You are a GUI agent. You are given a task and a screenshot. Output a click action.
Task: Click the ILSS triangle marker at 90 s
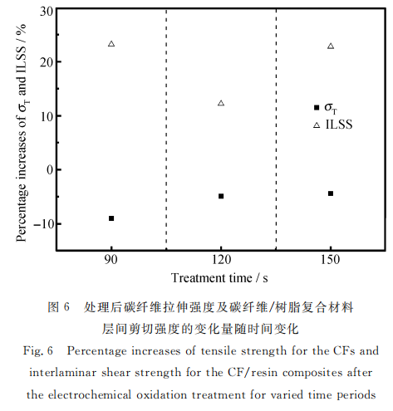111,44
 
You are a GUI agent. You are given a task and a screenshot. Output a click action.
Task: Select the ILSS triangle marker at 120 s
221,103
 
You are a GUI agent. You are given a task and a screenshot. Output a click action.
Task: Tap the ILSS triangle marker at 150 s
331,46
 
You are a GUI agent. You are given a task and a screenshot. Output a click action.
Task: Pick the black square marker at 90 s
111,218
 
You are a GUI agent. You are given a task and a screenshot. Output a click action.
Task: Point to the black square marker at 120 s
221,196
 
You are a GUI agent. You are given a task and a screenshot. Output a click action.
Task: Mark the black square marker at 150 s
331,193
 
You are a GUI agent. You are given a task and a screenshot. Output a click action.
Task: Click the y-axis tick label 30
47,12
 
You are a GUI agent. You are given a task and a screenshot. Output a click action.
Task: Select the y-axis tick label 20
47,62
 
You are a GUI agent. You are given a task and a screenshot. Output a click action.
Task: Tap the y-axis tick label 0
50,169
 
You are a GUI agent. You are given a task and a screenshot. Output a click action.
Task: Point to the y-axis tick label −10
43,223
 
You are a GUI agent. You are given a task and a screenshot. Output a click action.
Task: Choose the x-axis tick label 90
111,260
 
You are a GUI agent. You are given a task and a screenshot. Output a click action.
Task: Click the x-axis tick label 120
221,260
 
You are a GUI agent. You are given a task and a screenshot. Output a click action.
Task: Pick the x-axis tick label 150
331,260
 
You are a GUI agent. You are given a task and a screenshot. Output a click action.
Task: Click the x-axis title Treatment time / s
219,278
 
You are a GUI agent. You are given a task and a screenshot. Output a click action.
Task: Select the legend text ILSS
339,125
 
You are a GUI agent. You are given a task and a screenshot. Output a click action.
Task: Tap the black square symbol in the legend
317,107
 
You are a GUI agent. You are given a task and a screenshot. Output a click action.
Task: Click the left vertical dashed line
166,130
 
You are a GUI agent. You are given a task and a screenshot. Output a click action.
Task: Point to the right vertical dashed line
276,130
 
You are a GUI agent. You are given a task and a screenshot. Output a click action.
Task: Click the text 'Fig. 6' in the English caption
38,351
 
